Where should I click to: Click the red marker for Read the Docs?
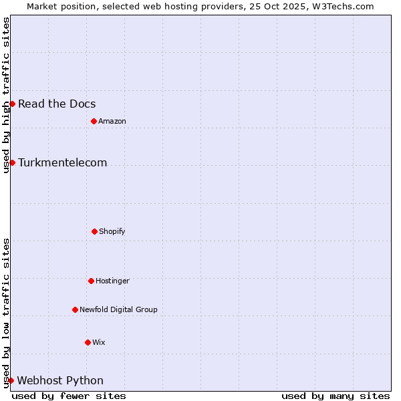click(12, 104)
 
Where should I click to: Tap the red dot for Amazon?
click(94, 121)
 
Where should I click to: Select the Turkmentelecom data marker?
click(12, 162)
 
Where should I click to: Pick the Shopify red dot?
click(94, 231)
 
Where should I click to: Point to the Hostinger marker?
click(91, 281)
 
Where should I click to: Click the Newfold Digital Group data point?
click(75, 309)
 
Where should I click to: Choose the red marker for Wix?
click(88, 342)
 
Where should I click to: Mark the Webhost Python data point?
click(11, 380)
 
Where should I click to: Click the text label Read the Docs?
click(57, 104)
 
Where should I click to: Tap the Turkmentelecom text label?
click(62, 162)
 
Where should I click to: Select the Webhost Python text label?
click(60, 380)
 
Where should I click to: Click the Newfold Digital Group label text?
click(118, 309)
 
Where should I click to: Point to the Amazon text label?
click(112, 121)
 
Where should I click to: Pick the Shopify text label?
click(112, 231)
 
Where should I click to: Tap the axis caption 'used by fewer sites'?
click(69, 396)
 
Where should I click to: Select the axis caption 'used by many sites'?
click(336, 396)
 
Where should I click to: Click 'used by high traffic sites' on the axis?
click(6, 95)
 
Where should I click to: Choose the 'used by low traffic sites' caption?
click(6, 313)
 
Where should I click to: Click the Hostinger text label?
click(112, 281)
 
